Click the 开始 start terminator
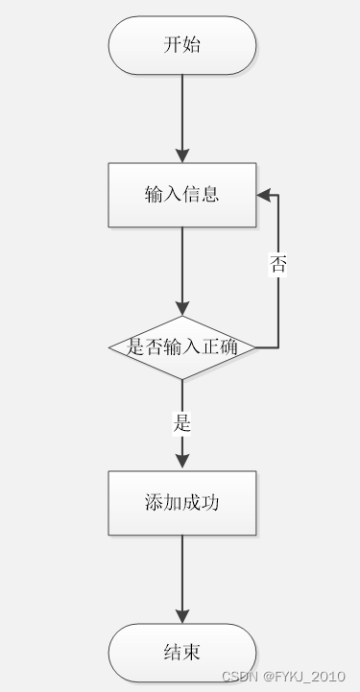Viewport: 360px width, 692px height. [x=182, y=45]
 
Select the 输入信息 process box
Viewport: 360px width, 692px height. [x=182, y=195]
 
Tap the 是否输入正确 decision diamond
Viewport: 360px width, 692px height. [x=182, y=347]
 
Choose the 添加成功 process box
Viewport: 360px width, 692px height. [x=182, y=502]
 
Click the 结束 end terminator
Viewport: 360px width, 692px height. [x=182, y=653]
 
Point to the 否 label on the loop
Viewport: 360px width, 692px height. [x=278, y=266]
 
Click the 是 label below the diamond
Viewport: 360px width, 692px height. [x=182, y=422]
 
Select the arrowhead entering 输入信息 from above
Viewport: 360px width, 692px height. [x=182, y=155]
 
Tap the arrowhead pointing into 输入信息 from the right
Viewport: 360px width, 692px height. [x=263, y=195]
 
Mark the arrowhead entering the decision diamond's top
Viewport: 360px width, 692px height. [x=182, y=308]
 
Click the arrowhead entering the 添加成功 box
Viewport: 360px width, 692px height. [x=182, y=463]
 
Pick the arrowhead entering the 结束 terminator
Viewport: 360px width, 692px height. [x=182, y=616]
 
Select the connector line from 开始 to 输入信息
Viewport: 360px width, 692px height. [x=182, y=110]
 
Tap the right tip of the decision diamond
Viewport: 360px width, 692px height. [x=254, y=347]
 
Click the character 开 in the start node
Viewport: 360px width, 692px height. [x=173, y=45]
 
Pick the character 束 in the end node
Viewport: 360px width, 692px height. [x=192, y=653]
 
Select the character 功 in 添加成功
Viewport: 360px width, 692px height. [x=210, y=502]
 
